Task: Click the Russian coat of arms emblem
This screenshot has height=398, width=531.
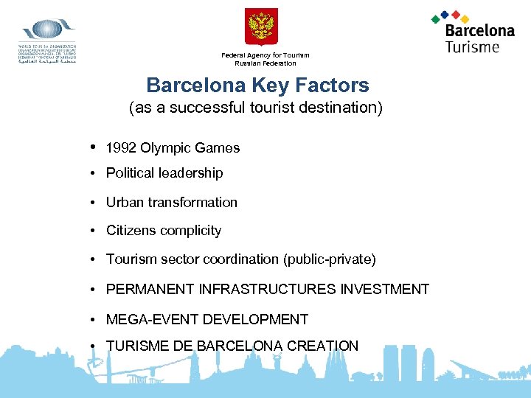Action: (261, 27)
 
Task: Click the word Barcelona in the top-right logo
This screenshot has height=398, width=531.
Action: (479, 31)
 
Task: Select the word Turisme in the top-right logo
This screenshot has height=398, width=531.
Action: (472, 46)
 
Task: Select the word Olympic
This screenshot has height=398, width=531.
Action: (162, 148)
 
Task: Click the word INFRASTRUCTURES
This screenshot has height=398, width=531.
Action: (270, 289)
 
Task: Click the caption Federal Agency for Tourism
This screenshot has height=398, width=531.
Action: (265, 55)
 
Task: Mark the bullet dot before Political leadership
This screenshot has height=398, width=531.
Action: (96, 173)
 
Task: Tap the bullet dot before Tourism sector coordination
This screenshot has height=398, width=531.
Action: (96, 259)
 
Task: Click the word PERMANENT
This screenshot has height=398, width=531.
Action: (147, 289)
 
